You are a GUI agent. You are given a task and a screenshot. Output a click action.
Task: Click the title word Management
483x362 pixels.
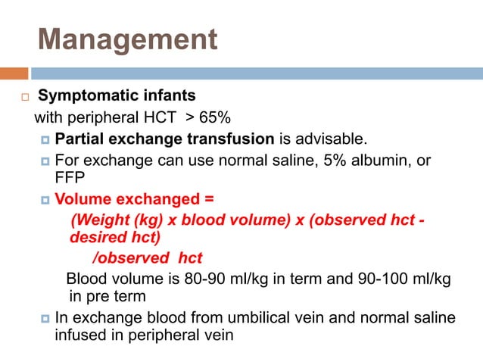click(127, 39)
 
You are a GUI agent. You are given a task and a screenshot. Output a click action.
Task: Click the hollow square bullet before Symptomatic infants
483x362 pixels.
click(24, 98)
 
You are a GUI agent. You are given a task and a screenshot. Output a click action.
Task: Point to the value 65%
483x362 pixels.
click(216, 119)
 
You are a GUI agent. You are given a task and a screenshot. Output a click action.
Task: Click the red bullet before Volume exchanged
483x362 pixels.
click(45, 201)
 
